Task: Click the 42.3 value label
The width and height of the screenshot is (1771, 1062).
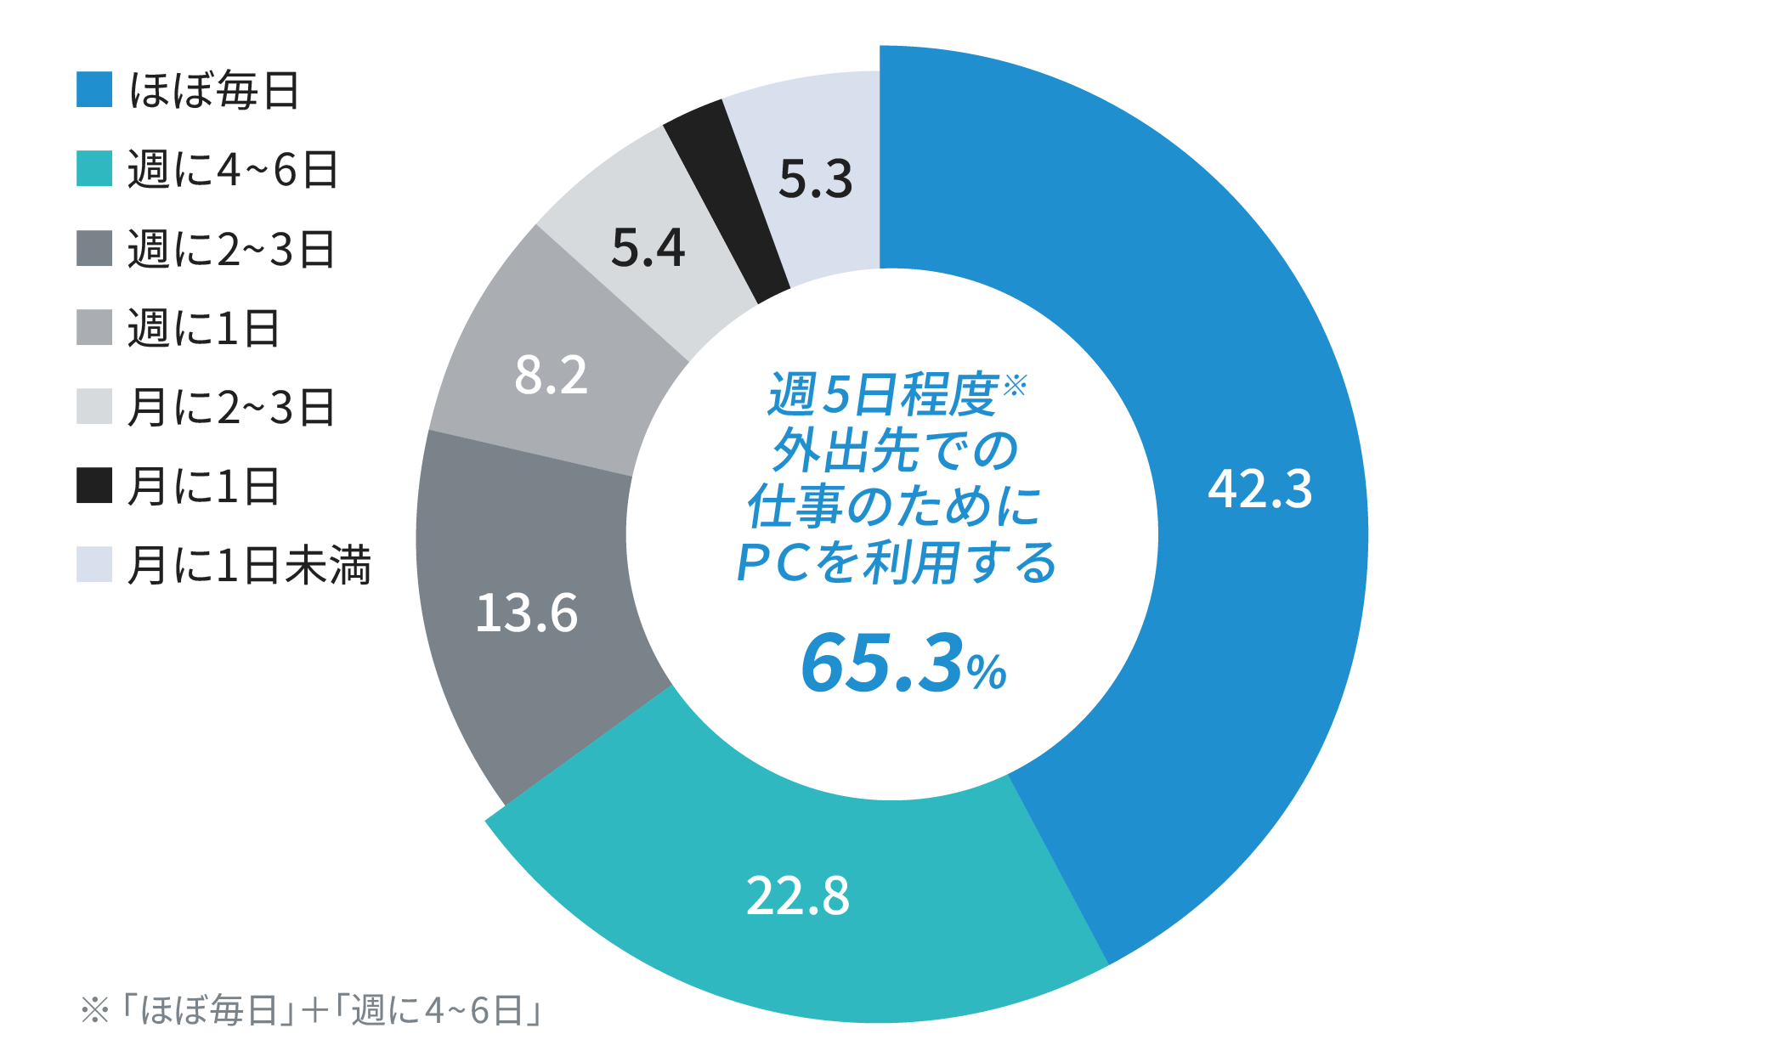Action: (1259, 489)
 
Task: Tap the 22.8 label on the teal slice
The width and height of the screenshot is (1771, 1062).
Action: (797, 895)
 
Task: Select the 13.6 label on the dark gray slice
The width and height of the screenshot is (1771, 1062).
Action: (526, 613)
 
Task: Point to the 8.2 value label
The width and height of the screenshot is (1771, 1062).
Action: (551, 375)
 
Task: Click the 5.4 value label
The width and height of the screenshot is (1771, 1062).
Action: (648, 248)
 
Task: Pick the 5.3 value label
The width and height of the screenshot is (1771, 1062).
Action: (815, 179)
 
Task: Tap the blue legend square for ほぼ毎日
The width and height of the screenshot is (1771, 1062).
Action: (94, 89)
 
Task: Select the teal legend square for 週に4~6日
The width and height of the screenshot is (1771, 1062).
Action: (94, 168)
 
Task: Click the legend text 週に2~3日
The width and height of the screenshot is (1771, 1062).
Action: (231, 249)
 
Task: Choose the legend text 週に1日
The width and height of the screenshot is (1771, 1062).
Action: (203, 328)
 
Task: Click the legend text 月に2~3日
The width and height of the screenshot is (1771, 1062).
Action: (231, 407)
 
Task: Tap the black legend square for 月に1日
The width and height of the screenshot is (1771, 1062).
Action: (94, 485)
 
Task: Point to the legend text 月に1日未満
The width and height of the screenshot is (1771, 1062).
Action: (248, 565)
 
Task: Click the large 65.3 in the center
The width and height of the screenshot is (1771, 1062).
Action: (882, 663)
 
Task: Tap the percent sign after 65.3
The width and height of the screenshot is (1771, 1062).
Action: (987, 672)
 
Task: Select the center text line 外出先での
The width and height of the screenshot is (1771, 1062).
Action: (894, 450)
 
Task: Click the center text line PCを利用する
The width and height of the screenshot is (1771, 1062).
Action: (896, 562)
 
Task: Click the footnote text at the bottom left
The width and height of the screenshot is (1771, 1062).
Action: (311, 1010)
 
